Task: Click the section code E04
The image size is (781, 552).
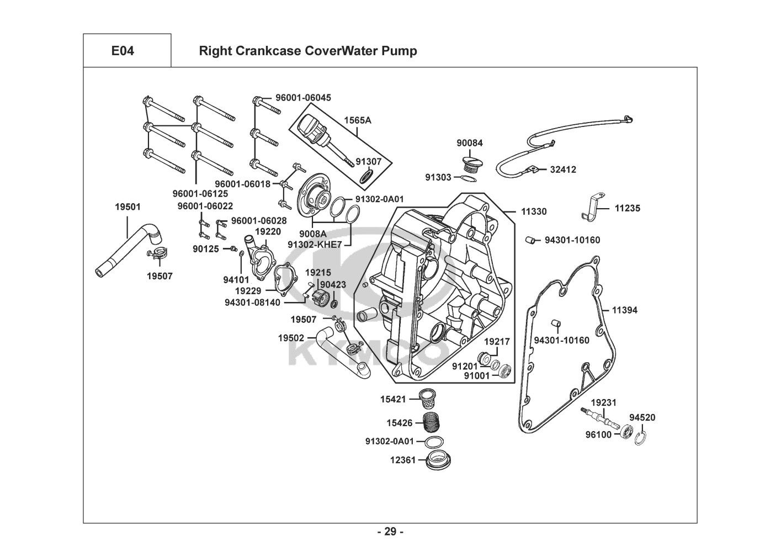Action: coord(123,51)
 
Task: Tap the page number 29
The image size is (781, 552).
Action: coord(390,532)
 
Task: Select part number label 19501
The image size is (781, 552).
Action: coord(127,207)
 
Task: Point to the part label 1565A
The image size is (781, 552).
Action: coord(358,120)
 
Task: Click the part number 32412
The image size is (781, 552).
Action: coord(563,169)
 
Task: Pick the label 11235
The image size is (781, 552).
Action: coord(628,209)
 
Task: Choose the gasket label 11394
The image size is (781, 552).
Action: coord(624,310)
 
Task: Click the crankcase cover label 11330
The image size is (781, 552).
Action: coord(534,211)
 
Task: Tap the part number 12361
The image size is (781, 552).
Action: coord(402,459)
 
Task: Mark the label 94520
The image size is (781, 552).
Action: coord(642,417)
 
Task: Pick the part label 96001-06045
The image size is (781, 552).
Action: coord(304,98)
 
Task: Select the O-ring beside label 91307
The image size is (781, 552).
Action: coord(366,178)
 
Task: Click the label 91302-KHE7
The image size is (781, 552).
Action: coord(315,244)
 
